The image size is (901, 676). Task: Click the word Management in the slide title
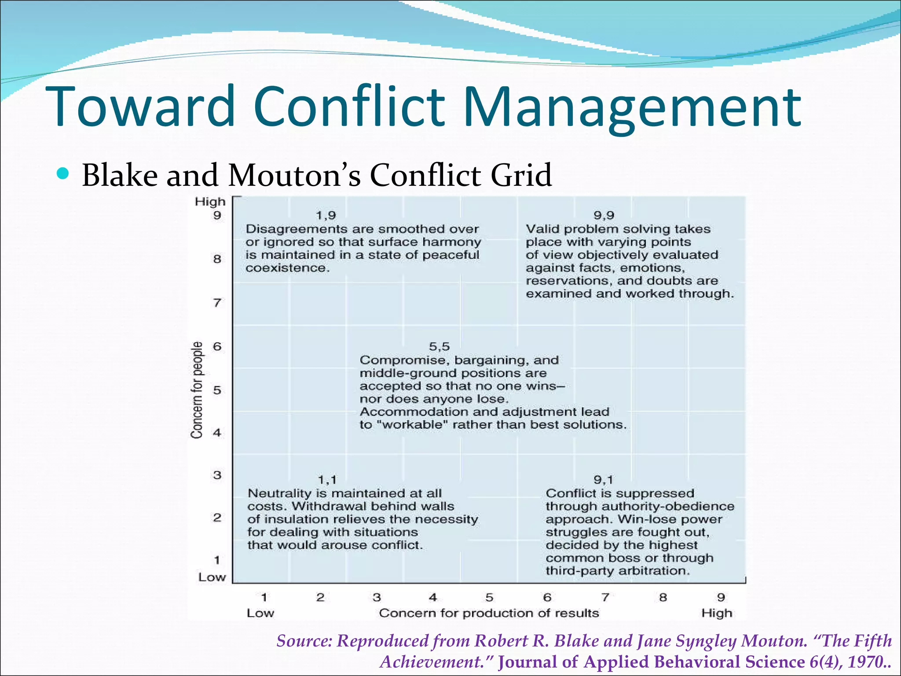(x=632, y=108)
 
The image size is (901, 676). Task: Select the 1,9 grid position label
(x=326, y=215)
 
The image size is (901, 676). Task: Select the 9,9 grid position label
(x=604, y=215)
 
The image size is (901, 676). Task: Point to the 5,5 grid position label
(x=439, y=347)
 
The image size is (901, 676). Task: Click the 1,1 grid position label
(x=327, y=480)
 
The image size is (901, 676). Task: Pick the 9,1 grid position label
(x=603, y=480)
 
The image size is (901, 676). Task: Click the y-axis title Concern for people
(x=197, y=390)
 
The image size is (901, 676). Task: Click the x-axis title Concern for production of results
(x=489, y=613)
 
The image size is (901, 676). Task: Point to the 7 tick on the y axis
(x=217, y=303)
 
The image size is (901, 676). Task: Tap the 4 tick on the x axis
(x=433, y=597)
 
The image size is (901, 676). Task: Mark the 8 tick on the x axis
(x=663, y=597)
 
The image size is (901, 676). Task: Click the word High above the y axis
(x=210, y=202)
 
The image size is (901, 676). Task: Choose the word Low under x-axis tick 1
(x=260, y=613)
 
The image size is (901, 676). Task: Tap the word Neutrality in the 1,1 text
(x=280, y=493)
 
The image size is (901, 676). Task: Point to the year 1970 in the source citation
(x=864, y=662)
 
